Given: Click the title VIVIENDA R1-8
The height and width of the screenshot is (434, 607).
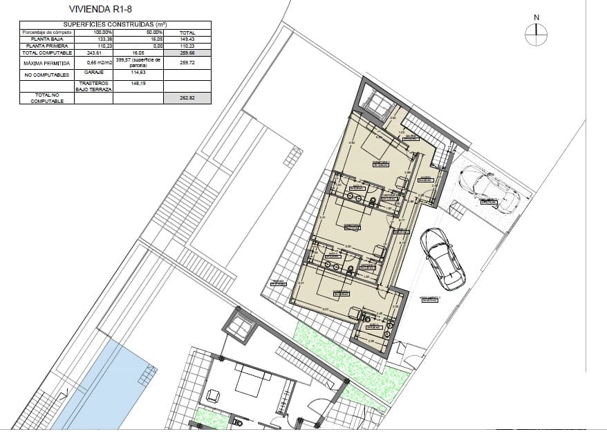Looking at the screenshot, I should click(102, 10).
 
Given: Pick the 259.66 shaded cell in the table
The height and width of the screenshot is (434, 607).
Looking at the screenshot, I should click(187, 53).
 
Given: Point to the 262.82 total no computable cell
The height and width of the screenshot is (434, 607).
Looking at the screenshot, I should click(187, 98).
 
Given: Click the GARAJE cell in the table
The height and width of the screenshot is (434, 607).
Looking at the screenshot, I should click(93, 71).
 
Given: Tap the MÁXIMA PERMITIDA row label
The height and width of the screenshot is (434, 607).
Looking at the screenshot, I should click(46, 62).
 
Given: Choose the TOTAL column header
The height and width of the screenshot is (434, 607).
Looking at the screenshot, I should click(187, 32).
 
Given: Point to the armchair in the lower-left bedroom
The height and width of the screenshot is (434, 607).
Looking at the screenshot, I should click(213, 395).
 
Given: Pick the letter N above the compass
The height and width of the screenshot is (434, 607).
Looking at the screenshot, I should click(536, 17).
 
